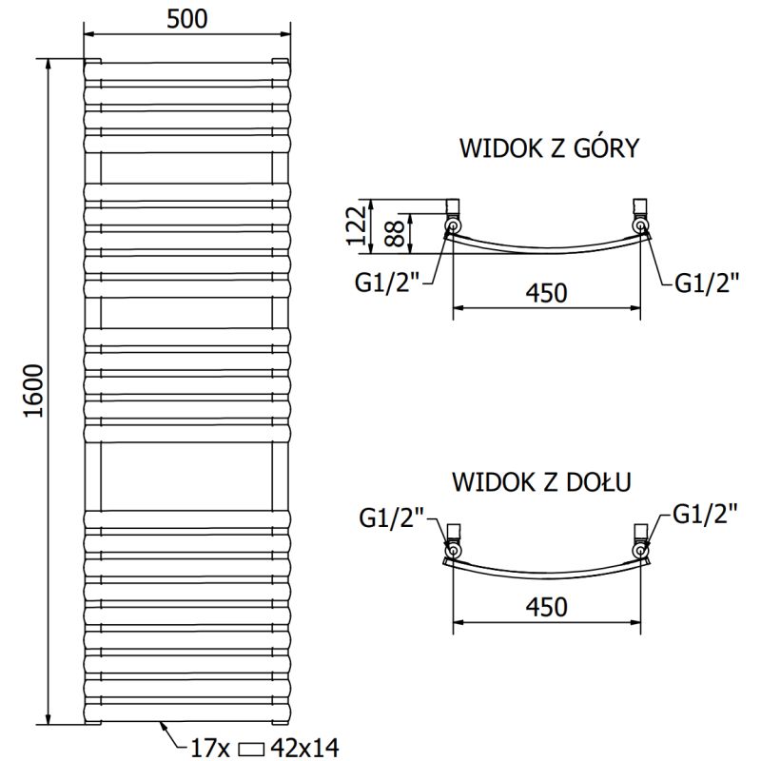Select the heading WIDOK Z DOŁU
tap(543, 482)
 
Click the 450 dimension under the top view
tap(546, 292)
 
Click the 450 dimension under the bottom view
tap(546, 607)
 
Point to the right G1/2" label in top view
tap(708, 283)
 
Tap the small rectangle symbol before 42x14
tap(253, 749)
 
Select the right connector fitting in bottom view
tap(641, 541)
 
